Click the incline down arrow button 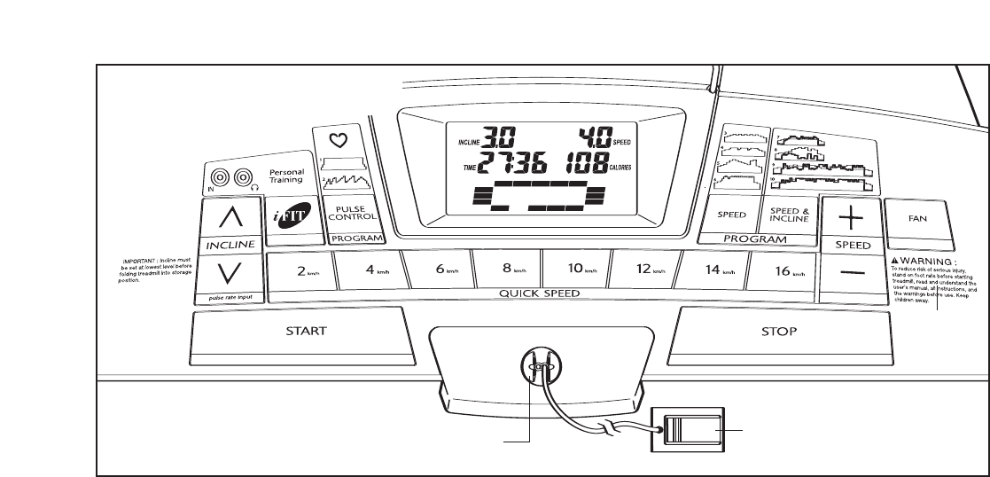[x=232, y=272]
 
